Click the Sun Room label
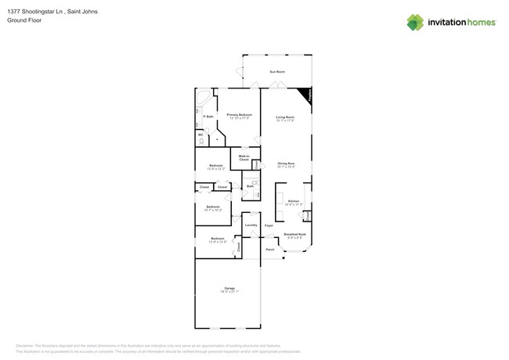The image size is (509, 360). click(277, 72)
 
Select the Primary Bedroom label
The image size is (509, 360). click(239, 115)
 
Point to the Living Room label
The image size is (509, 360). click(285, 117)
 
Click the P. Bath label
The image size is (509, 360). click(208, 117)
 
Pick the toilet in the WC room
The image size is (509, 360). click(201, 142)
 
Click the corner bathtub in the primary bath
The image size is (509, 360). click(202, 99)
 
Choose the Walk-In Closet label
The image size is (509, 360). click(244, 158)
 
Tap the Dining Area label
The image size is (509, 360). click(286, 164)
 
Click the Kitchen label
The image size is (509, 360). click(293, 201)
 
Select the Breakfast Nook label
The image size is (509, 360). click(295, 234)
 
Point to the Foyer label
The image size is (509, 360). click(269, 225)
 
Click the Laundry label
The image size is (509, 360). click(251, 225)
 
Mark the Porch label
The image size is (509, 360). click(270, 250)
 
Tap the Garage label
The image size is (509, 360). click(229, 289)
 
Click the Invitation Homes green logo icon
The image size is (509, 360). click(415, 23)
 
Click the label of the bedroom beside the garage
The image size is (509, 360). click(217, 239)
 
